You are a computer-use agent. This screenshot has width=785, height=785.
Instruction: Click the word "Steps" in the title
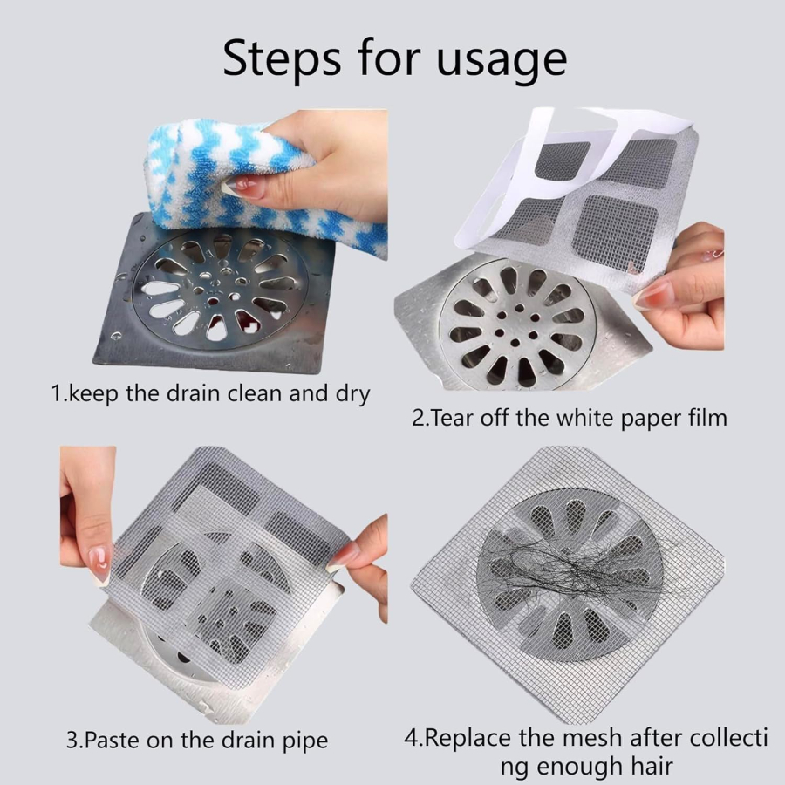coord(283,58)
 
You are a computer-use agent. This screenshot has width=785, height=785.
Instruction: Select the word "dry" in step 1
coord(353,395)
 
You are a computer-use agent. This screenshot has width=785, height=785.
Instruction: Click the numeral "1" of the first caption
coord(57,393)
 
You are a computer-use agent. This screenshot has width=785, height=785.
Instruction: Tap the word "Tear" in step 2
coord(451,418)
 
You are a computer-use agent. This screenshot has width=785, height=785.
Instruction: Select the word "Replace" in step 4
coord(468,738)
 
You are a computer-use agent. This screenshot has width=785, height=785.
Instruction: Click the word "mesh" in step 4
coord(594,738)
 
